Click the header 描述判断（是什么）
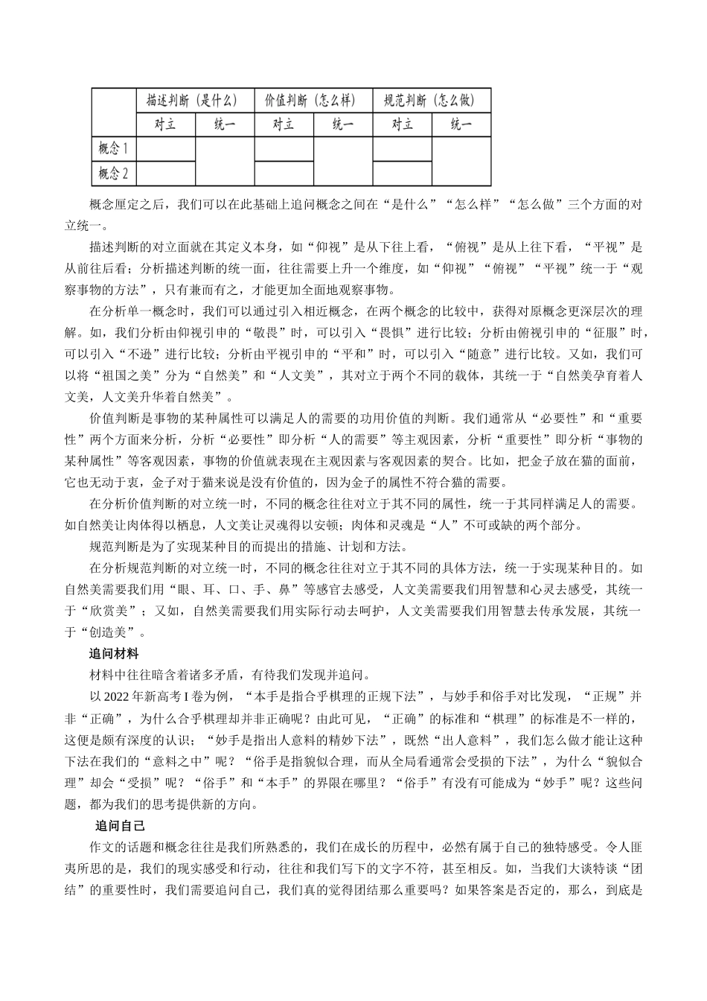click(194, 101)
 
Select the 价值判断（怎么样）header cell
click(313, 101)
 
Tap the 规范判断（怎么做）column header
click(432, 101)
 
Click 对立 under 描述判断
click(165, 124)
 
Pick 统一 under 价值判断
click(342, 124)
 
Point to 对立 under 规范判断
click(402, 124)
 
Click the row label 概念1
click(114, 148)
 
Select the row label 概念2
click(114, 174)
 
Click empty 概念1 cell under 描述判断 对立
click(165, 148)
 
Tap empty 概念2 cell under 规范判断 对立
click(402, 174)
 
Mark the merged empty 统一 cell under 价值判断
click(342, 161)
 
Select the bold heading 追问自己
click(120, 826)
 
